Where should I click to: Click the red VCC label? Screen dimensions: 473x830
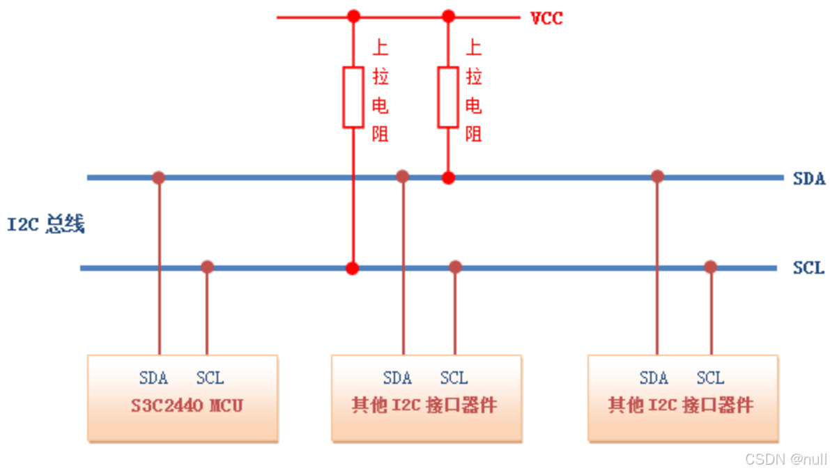point(546,18)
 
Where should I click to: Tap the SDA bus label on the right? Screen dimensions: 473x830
point(808,178)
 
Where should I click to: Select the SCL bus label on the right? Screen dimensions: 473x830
point(808,268)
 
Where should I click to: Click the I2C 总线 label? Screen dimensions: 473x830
point(46,225)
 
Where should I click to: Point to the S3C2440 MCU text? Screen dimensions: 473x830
point(187,405)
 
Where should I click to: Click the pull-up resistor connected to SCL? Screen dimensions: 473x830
point(353,97)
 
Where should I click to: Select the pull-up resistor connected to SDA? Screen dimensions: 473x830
point(448,97)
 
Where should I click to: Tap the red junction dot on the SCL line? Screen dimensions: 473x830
point(353,267)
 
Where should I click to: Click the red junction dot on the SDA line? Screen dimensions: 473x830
point(448,178)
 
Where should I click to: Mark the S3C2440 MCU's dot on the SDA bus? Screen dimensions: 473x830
point(159,178)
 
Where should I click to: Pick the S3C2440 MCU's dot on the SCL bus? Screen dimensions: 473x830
point(207,267)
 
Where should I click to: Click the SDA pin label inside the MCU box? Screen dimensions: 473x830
point(153,378)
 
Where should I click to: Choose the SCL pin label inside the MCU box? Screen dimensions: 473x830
point(210,378)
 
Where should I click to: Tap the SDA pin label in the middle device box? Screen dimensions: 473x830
point(397,378)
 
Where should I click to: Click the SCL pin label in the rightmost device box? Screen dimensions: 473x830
point(710,378)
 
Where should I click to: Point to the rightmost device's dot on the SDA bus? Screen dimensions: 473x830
point(657,176)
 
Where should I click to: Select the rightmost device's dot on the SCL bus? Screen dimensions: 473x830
point(710,267)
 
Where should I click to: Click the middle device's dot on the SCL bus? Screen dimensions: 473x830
point(455,267)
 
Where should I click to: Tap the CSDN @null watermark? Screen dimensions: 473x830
point(785,460)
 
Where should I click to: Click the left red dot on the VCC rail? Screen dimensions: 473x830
point(354,16)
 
